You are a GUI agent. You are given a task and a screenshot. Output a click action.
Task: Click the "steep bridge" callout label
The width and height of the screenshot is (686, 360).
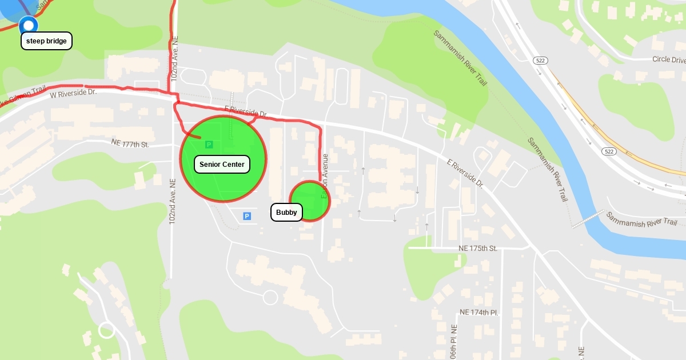(x=47, y=41)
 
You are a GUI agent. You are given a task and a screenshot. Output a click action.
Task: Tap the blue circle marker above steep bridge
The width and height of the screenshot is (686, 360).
(x=29, y=25)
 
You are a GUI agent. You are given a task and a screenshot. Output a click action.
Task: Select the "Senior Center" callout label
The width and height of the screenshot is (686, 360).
(x=222, y=165)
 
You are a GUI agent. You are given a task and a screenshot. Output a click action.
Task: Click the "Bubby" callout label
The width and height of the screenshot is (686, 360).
(x=286, y=213)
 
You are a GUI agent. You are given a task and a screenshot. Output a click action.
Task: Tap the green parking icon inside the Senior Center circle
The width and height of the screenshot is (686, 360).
(x=209, y=145)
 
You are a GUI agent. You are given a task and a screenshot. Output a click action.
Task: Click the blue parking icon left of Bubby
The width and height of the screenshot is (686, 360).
(x=247, y=216)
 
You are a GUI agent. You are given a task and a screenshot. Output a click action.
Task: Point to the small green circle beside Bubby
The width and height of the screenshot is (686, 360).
(x=309, y=200)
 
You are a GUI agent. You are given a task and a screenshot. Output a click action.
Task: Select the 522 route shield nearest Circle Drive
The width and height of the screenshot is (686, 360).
(x=540, y=60)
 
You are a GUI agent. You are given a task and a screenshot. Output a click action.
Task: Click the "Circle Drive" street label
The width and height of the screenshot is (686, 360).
(x=668, y=59)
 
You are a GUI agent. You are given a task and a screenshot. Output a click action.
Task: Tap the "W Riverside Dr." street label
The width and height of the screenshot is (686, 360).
(x=74, y=94)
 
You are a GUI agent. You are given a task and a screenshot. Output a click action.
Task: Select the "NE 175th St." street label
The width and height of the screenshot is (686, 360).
(x=478, y=249)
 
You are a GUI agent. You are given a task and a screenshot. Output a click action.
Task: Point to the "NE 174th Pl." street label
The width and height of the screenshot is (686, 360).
(x=479, y=313)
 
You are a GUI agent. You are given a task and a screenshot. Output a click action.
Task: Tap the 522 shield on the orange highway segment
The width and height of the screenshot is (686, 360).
(x=608, y=151)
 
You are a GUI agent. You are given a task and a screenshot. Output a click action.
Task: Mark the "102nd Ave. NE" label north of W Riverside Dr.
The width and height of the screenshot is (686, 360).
(x=175, y=57)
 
